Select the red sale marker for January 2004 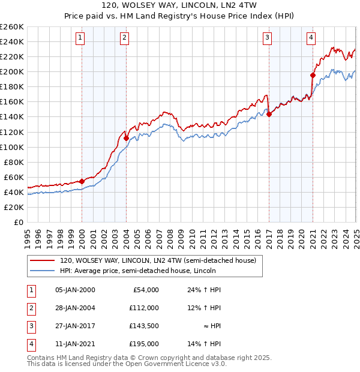(x=126, y=138)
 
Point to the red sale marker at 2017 (x=269, y=114)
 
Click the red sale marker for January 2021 (x=313, y=75)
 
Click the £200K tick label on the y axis (x=12, y=71)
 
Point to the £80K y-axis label (x=14, y=162)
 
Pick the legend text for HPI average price (x=142, y=271)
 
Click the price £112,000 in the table (x=144, y=308)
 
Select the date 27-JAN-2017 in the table (x=75, y=326)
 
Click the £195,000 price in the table (x=144, y=344)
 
